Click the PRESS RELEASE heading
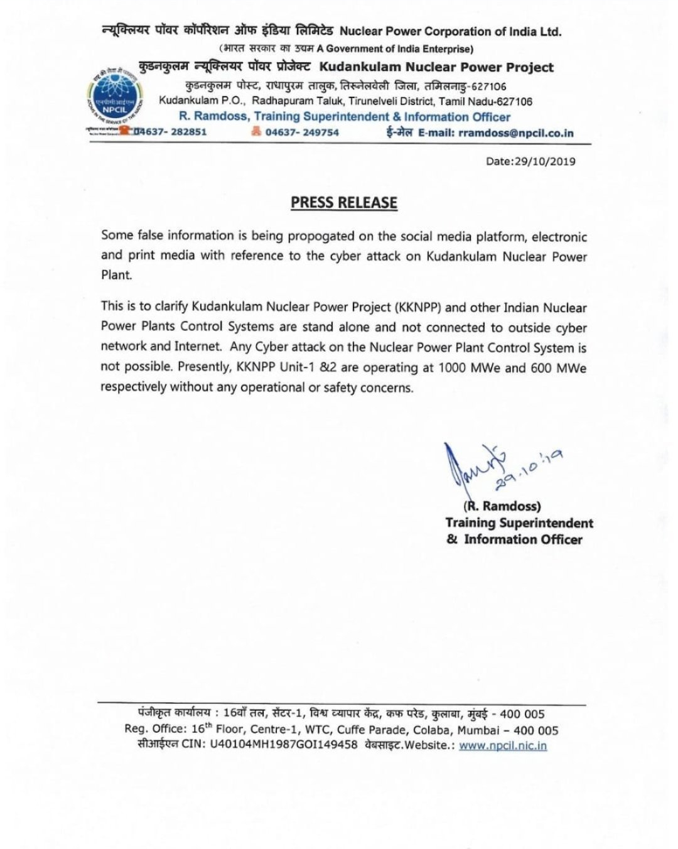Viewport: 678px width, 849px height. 343,202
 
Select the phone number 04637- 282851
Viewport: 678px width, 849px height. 170,132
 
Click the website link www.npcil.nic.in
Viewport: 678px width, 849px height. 503,746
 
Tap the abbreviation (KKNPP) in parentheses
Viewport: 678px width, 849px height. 419,308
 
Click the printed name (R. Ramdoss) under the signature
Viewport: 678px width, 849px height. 502,506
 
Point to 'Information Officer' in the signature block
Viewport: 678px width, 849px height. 523,539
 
